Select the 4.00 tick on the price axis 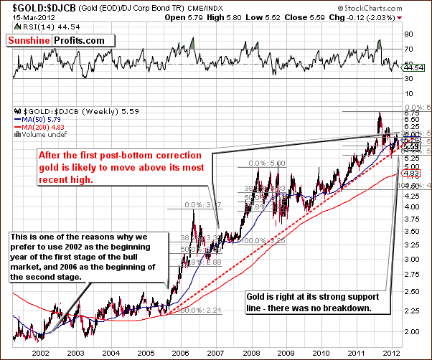[412, 207]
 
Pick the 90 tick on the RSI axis [409, 34]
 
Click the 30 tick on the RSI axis [409, 77]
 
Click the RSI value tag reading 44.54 [413, 67]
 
